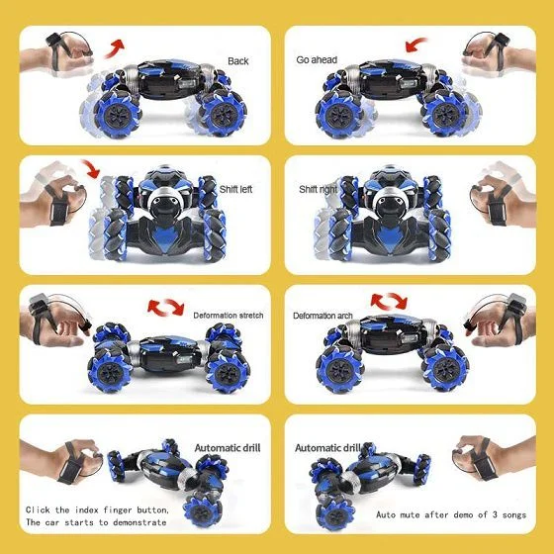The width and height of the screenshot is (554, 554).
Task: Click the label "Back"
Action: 237,60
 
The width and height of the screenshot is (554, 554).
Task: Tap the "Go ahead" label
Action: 317,59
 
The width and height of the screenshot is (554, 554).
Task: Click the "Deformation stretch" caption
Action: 229,315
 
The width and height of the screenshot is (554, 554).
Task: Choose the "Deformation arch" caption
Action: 323,316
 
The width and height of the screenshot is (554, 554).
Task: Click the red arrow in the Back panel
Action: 118,46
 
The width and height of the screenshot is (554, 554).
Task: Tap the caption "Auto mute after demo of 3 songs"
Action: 451,515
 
